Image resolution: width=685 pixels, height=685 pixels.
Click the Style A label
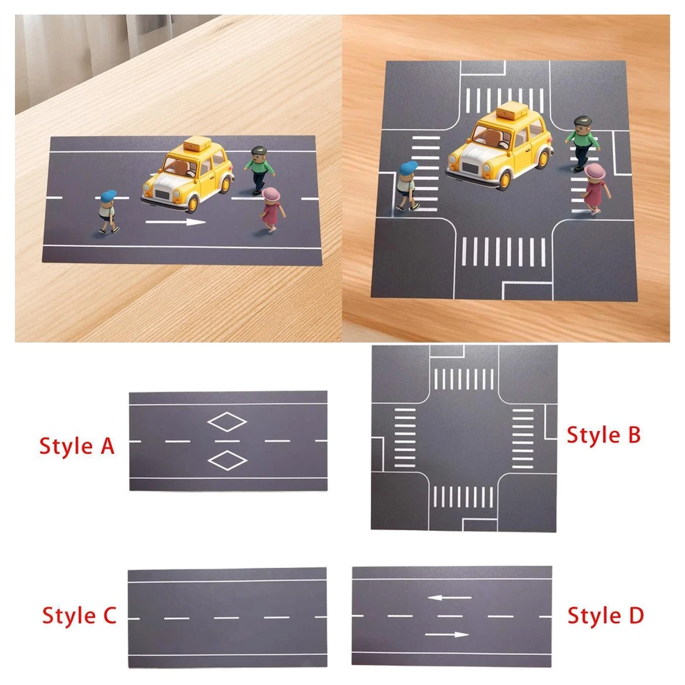(x=76, y=446)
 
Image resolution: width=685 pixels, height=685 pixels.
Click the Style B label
(x=604, y=434)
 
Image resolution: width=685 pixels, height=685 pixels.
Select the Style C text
(x=78, y=615)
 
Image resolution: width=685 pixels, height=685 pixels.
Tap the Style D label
(x=606, y=614)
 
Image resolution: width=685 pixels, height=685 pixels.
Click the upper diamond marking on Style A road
(x=227, y=422)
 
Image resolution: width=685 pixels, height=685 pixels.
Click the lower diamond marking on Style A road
(x=227, y=462)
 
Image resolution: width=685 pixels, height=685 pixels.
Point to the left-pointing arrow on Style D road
(x=450, y=597)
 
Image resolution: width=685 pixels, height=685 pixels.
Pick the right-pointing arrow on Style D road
(x=446, y=634)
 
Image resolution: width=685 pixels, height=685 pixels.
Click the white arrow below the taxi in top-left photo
(x=176, y=223)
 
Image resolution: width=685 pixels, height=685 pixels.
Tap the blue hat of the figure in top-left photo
(x=108, y=196)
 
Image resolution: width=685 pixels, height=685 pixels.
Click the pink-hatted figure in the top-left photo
(x=270, y=209)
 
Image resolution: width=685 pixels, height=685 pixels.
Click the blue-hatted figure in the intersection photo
(x=407, y=186)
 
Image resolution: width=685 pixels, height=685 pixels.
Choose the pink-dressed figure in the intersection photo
(x=594, y=189)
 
